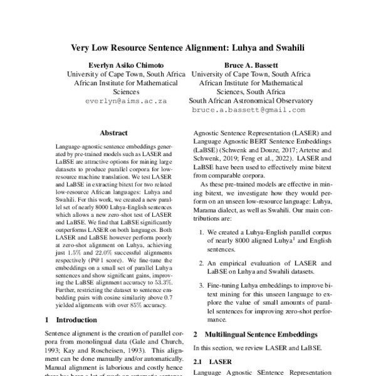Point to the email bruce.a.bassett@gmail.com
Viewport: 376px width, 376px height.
(x=249, y=110)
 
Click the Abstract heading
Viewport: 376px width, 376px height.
(x=117, y=132)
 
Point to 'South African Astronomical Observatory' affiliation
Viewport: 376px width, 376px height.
(x=251, y=100)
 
